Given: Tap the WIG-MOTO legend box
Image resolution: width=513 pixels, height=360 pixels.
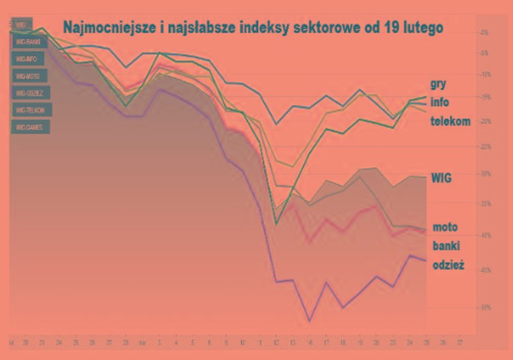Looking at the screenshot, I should (29, 76).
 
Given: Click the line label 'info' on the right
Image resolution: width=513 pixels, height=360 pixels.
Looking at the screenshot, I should (440, 102).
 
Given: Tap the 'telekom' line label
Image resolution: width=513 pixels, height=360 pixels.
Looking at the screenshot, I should (450, 121).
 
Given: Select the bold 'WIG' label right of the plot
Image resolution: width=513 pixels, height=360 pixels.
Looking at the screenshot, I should (442, 178).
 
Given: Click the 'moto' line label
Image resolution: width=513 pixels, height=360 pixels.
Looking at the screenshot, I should (445, 228).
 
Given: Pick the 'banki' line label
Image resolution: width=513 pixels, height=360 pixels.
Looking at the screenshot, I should (446, 246).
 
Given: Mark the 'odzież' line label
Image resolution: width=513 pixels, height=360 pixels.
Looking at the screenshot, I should (448, 265).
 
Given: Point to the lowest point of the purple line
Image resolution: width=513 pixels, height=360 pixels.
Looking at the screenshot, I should (310, 321).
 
